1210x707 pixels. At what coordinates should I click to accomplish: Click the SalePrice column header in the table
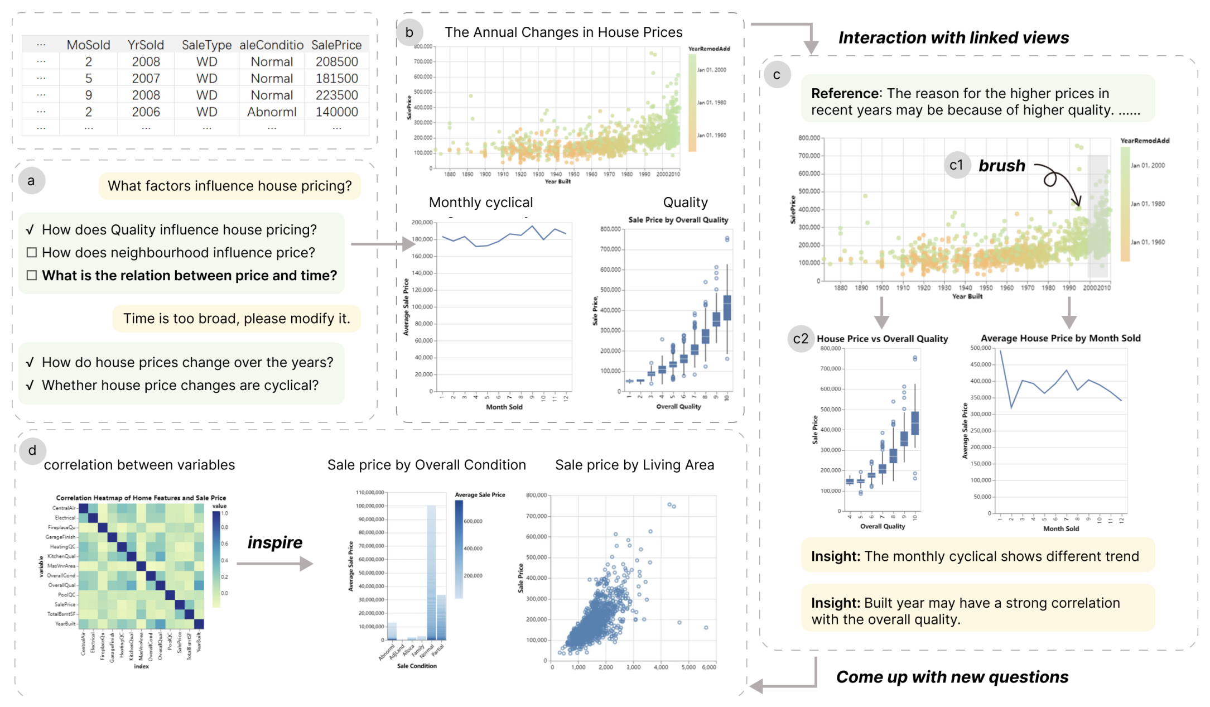click(336, 45)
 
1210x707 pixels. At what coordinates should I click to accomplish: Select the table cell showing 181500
click(336, 79)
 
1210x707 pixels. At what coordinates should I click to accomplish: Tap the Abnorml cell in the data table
click(272, 112)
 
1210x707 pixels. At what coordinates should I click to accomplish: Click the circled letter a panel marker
click(31, 181)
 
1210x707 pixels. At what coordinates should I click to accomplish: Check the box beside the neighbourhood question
click(32, 253)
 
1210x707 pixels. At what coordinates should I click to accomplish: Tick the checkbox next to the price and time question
click(32, 276)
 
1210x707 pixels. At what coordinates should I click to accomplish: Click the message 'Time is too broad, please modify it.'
click(237, 319)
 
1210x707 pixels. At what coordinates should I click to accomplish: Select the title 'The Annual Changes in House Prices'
click(563, 32)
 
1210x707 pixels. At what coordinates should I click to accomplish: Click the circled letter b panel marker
click(409, 32)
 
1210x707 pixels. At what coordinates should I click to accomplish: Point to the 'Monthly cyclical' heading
click(481, 203)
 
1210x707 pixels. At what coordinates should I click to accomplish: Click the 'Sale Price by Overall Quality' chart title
click(678, 220)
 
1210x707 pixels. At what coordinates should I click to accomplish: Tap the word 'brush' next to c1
click(1002, 166)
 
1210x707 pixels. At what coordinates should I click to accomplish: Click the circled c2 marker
click(801, 339)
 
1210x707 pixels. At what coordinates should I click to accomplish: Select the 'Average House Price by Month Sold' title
click(1060, 338)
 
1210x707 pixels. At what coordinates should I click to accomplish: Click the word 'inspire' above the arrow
click(275, 542)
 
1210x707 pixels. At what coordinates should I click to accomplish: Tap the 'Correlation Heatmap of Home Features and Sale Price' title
click(141, 498)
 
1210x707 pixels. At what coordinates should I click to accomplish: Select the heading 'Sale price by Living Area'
click(634, 465)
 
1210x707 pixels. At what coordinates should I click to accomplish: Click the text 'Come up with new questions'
click(952, 677)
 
